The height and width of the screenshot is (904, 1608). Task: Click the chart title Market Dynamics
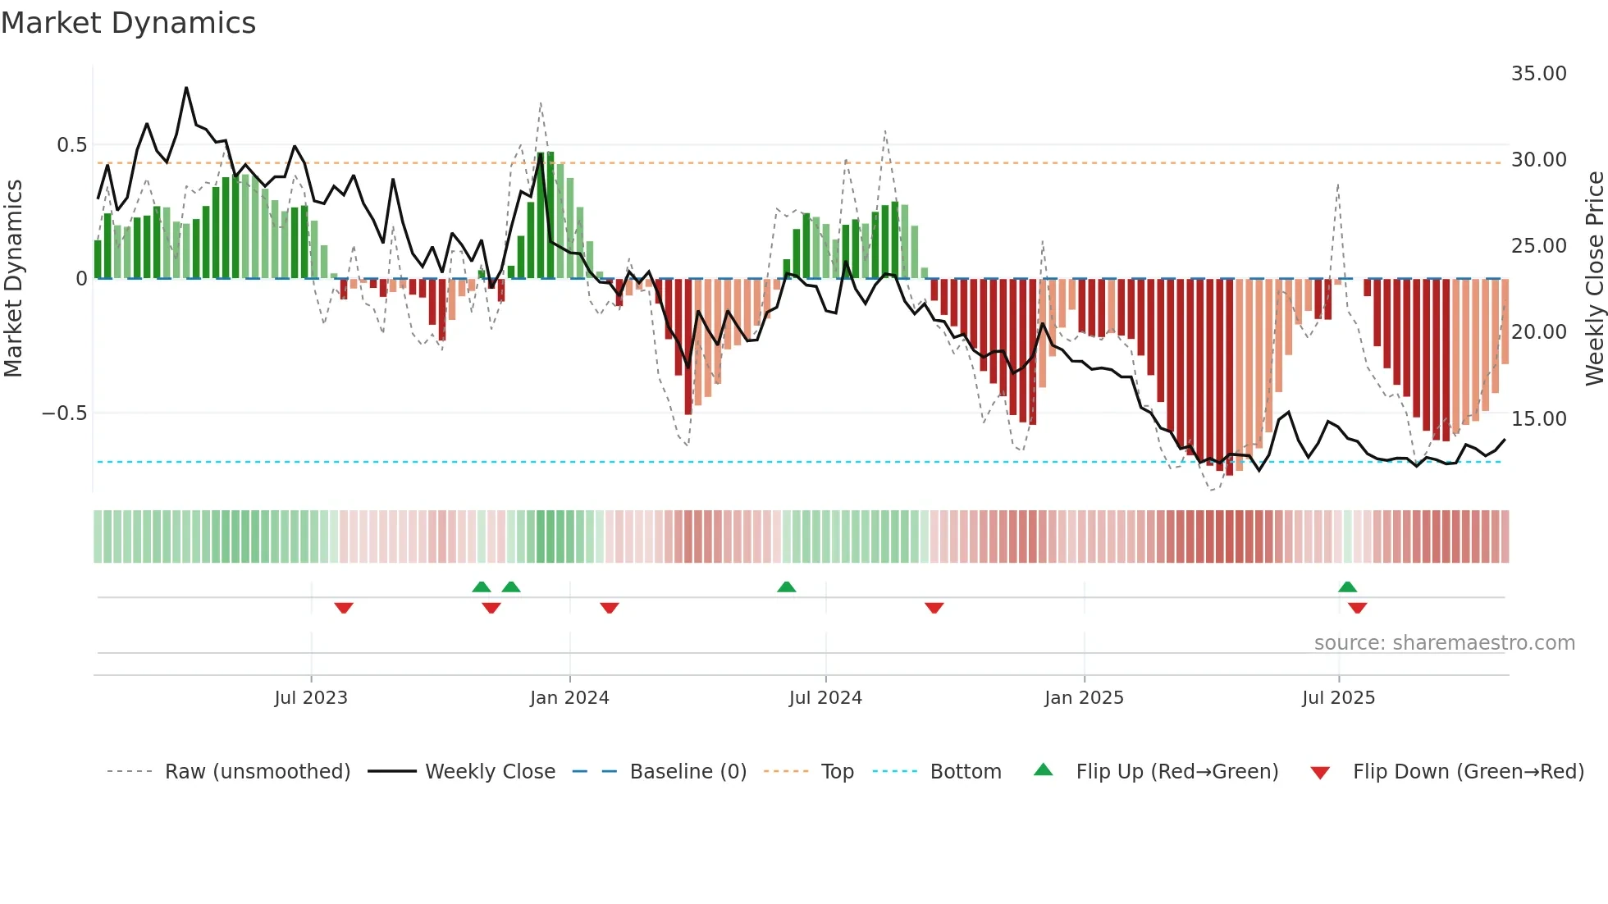pos(128,23)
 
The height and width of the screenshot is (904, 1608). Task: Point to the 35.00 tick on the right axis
pos(1538,74)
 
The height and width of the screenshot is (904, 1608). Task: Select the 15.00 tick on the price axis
pos(1538,419)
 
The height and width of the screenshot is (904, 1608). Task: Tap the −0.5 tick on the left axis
pos(64,413)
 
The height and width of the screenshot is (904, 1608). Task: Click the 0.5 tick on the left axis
pos(71,145)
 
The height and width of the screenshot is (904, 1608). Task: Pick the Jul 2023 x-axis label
pos(311,698)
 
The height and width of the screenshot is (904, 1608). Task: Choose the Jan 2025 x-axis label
pos(1084,698)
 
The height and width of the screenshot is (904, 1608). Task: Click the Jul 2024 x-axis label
pos(825,698)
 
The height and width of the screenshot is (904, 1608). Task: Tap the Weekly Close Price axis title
pos(1594,279)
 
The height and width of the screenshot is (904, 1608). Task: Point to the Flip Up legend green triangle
pos(1043,770)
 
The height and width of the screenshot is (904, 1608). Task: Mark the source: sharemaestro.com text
pos(1444,643)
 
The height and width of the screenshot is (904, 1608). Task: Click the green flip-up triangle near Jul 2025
pos(1347,587)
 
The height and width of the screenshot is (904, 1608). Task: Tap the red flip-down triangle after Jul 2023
pos(344,608)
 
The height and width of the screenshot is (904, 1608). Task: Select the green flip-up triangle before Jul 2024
pos(786,587)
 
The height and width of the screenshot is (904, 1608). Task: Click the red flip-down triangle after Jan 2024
pos(609,608)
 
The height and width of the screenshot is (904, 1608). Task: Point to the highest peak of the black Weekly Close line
pos(186,88)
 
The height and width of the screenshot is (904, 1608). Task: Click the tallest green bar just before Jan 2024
pos(550,215)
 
